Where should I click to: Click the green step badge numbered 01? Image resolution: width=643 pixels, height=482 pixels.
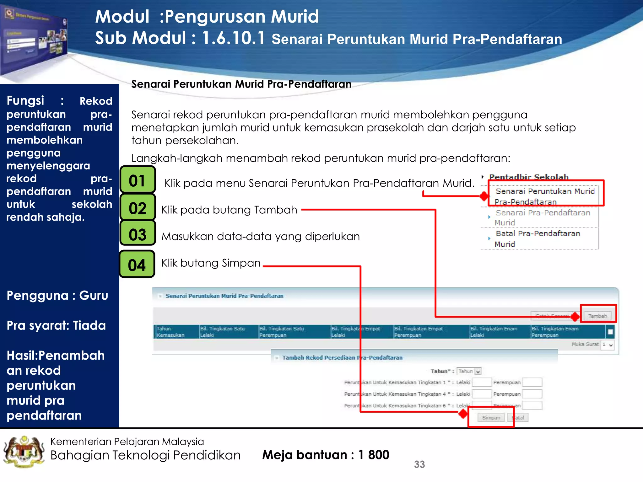click(x=138, y=180)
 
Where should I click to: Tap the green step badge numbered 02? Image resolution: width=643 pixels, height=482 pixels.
click(x=138, y=207)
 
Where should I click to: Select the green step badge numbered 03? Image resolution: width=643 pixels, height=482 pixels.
click(x=138, y=234)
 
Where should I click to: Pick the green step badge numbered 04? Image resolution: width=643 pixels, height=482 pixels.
click(x=137, y=264)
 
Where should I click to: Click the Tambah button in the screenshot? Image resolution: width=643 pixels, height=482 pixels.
click(x=597, y=316)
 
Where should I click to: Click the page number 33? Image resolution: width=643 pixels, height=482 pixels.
click(x=419, y=464)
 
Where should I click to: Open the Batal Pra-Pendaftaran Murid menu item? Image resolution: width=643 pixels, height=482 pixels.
click(x=538, y=238)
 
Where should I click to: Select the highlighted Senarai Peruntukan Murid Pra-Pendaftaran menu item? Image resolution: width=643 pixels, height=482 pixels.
click(x=544, y=196)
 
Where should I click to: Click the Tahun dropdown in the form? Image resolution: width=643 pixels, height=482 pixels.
click(x=469, y=371)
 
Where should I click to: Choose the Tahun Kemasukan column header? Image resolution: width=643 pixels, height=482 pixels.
click(x=170, y=332)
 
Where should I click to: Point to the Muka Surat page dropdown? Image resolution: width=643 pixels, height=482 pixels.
click(x=607, y=345)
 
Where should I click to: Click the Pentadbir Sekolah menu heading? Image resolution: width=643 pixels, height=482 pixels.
click(x=529, y=177)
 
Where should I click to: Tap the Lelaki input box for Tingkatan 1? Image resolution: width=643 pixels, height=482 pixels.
click(x=482, y=382)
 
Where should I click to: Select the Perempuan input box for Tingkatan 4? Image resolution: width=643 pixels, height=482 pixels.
click(x=532, y=394)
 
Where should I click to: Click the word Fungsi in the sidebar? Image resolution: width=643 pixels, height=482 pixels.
click(x=25, y=100)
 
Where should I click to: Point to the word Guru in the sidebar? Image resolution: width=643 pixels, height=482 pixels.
click(x=94, y=295)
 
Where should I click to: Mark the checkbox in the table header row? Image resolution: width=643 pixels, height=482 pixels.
click(x=610, y=332)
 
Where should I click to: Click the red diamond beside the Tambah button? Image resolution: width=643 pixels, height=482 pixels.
click(x=575, y=317)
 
